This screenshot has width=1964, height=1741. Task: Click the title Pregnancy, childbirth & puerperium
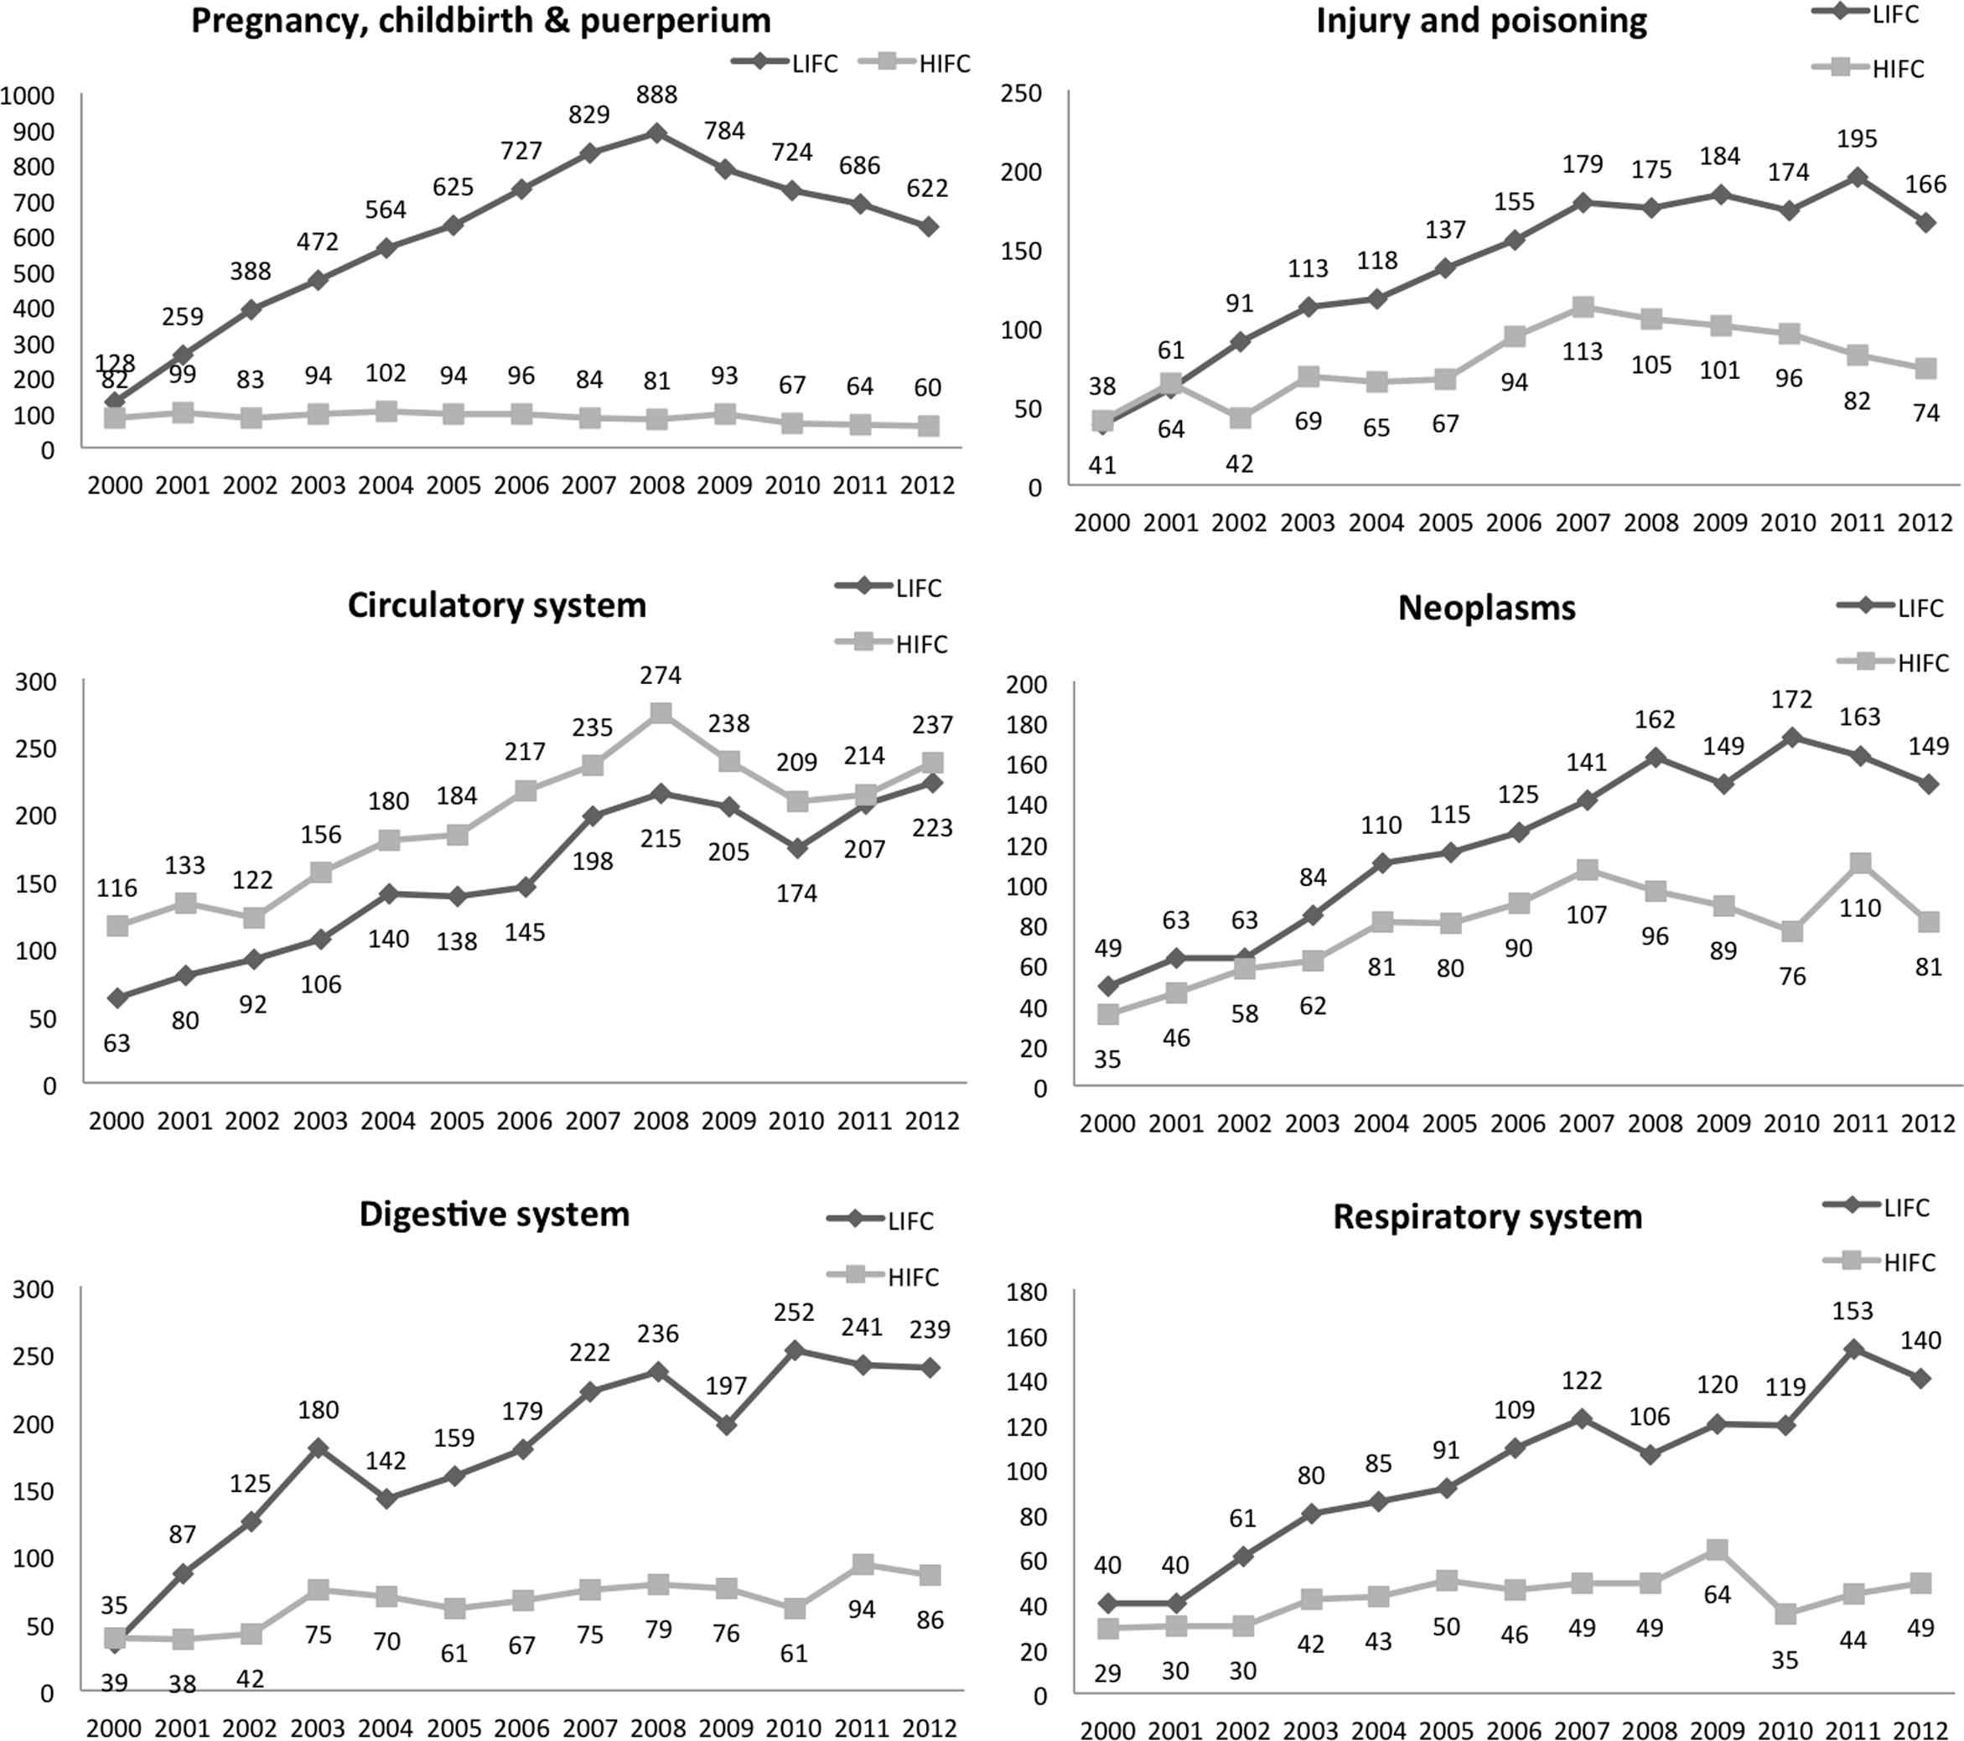pyautogui.click(x=480, y=21)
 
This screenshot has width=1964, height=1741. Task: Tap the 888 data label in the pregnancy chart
pyautogui.click(x=656, y=95)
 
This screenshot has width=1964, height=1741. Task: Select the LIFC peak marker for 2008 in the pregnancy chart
pyautogui.click(x=656, y=132)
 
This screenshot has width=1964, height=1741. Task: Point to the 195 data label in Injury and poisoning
pyautogui.click(x=1857, y=139)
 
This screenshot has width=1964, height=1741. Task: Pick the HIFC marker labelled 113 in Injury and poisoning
pyautogui.click(x=1583, y=308)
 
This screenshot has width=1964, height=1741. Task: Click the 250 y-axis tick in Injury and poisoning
pyautogui.click(x=1020, y=94)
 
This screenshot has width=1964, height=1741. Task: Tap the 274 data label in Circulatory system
pyautogui.click(x=661, y=676)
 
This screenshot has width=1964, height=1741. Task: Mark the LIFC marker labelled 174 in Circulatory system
pyautogui.click(x=796, y=847)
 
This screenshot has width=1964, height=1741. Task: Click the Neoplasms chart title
pyautogui.click(x=1486, y=609)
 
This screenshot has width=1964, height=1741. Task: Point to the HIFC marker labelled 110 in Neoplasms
pyautogui.click(x=1860, y=863)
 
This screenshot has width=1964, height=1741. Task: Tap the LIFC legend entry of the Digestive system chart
pyautogui.click(x=880, y=1221)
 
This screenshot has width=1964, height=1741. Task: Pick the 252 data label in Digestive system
pyautogui.click(x=794, y=1313)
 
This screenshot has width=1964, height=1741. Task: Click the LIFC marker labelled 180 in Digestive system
pyautogui.click(x=318, y=1448)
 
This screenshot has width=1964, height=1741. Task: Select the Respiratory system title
pyautogui.click(x=1487, y=1217)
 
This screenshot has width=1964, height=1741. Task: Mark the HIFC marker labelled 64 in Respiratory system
pyautogui.click(x=1717, y=1550)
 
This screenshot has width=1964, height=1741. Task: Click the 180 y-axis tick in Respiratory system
pyautogui.click(x=1026, y=1293)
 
